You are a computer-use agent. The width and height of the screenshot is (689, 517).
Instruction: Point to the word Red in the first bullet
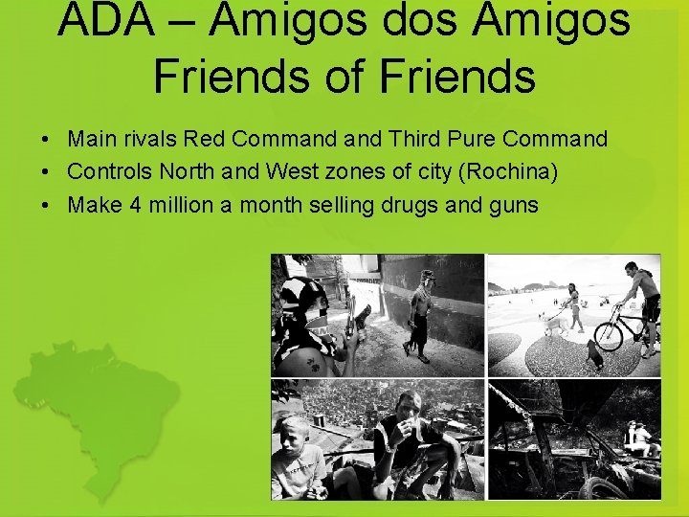click(x=203, y=140)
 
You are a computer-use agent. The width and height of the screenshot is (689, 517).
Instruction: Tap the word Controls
click(x=109, y=172)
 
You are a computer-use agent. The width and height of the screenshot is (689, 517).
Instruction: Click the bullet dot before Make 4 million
click(x=46, y=206)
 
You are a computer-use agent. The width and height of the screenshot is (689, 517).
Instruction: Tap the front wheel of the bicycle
click(x=610, y=336)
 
